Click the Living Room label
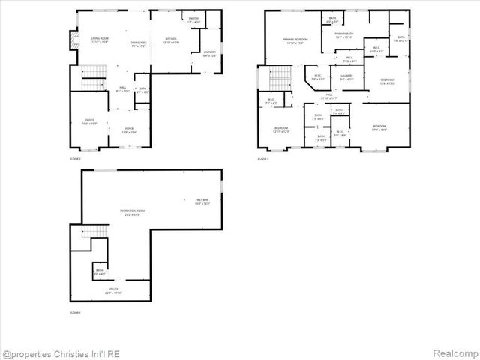tap(100, 41)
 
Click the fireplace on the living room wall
tap(73, 40)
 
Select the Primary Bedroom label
tap(297, 40)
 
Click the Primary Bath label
tap(344, 35)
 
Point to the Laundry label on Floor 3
tap(346, 76)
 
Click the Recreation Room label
tap(132, 212)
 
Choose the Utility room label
tap(112, 290)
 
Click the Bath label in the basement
tap(100, 272)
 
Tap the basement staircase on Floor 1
tap(81, 240)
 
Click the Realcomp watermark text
tap(449, 353)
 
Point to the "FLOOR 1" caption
tap(75, 312)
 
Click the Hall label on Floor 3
tap(329, 96)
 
